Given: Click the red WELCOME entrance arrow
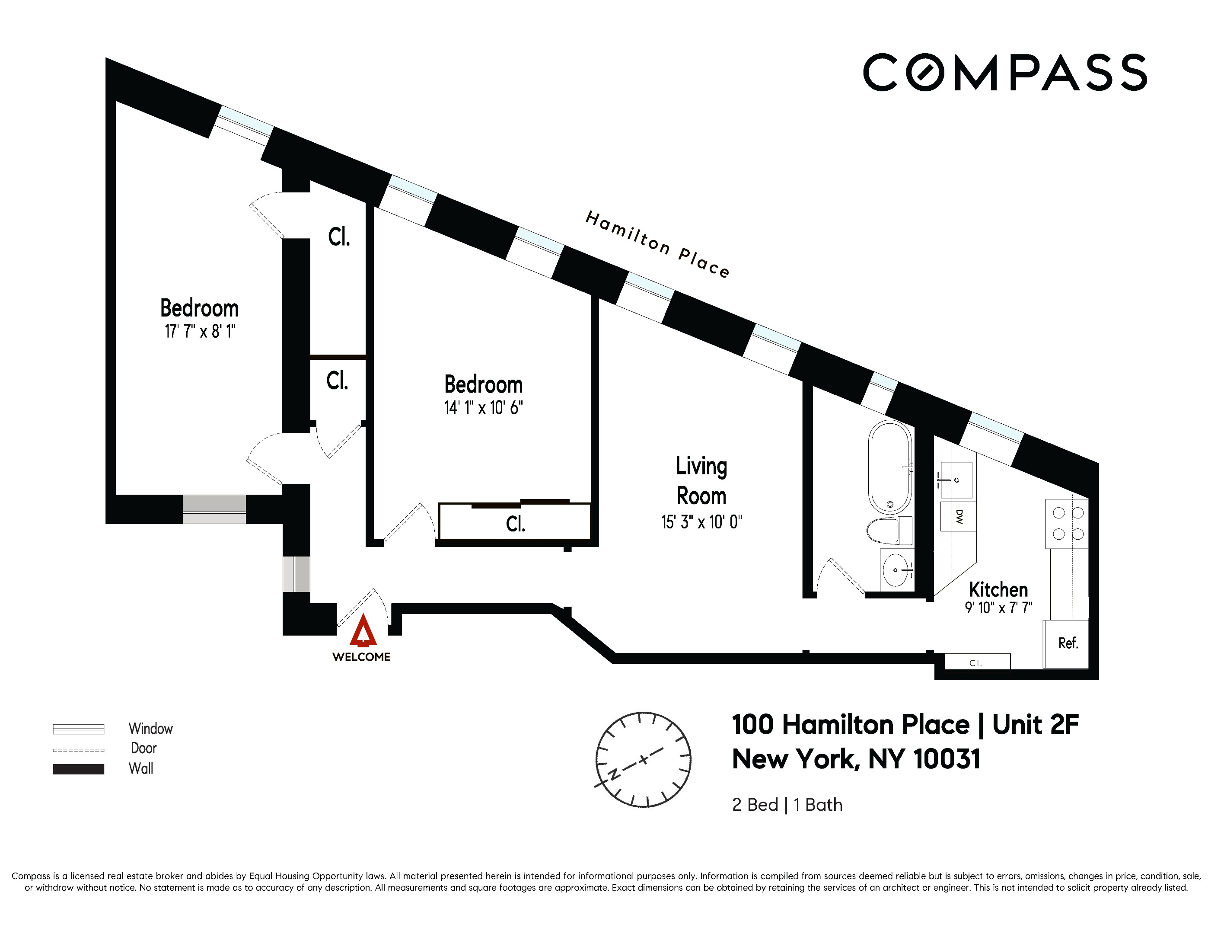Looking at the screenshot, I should pos(363,631).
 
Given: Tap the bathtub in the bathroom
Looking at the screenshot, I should pos(890,467).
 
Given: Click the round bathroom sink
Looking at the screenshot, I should pos(896,569).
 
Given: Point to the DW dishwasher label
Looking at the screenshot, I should pos(959,517).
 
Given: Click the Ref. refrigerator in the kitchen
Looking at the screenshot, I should pos(1067,643).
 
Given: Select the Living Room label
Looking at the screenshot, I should pos(701,481).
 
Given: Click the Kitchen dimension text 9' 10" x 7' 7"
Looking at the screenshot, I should pos(998,608).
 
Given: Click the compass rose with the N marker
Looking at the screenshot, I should pos(643,759).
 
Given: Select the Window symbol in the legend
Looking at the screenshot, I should pos(79,729).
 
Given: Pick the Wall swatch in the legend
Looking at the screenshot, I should pos(79,769).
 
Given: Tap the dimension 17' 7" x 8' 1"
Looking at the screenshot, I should pos(200,331).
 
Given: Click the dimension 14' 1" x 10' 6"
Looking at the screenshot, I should pos(483,408).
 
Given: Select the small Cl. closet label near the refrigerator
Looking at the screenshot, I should pos(976,663).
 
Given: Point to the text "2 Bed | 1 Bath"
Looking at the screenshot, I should pos(787,805).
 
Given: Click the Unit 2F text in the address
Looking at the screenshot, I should pos(1035,725).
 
